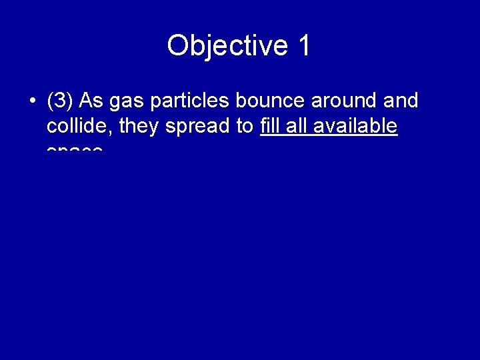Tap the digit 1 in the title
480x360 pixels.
pyautogui.click(x=303, y=46)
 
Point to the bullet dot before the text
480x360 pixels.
pyautogui.click(x=32, y=102)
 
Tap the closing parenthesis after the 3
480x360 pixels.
pyautogui.click(x=70, y=102)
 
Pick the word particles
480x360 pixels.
pyautogui.click(x=190, y=102)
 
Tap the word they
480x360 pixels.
pyautogui.click(x=139, y=127)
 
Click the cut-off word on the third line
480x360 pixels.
pyautogui.click(x=75, y=150)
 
